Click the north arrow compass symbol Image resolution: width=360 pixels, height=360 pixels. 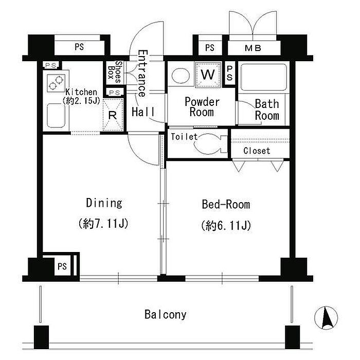(326, 318)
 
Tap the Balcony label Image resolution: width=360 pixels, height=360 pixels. (165, 315)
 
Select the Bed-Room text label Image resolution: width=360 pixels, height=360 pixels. (226, 204)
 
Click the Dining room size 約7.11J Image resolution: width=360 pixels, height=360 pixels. (103, 223)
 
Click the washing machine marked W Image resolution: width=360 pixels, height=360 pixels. (208, 75)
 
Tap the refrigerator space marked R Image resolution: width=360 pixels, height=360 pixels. (113, 115)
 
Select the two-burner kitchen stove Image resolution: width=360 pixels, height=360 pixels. (56, 83)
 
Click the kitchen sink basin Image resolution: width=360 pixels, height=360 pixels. (56, 116)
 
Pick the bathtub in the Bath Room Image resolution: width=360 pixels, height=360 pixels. (264, 77)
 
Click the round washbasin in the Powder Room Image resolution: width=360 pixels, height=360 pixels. (181, 76)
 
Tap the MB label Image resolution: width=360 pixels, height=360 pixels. (253, 48)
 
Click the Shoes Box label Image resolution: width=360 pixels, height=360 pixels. (115, 72)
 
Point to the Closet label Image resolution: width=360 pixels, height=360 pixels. (257, 151)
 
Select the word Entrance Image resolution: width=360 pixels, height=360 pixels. (142, 73)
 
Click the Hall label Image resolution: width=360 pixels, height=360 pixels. (143, 112)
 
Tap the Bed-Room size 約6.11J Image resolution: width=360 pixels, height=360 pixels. (226, 225)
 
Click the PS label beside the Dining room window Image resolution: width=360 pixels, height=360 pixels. (62, 266)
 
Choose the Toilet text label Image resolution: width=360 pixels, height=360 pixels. (184, 137)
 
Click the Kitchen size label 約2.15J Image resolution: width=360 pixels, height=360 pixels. (81, 101)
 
